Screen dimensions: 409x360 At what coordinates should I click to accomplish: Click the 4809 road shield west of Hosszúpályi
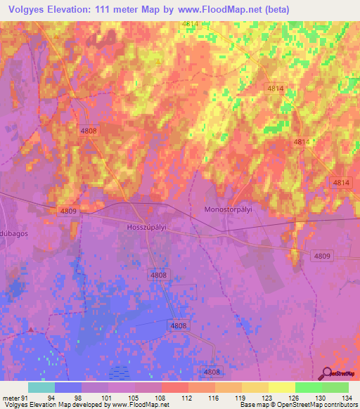(x=68, y=210)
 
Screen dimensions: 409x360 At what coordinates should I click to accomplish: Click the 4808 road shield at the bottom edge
(x=212, y=372)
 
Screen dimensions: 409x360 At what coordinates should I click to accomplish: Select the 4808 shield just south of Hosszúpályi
(x=158, y=275)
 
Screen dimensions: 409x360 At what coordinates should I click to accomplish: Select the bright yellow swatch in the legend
(x=281, y=387)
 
